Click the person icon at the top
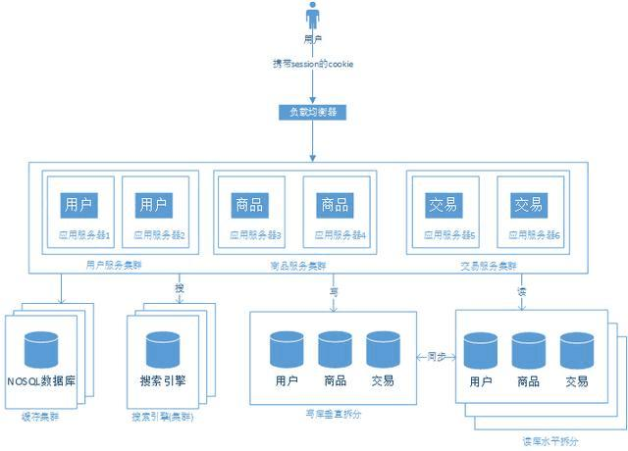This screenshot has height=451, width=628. [313, 17]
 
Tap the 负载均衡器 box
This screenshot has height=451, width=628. [313, 112]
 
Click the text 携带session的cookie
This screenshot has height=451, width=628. [313, 64]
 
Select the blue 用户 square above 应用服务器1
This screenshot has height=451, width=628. [78, 205]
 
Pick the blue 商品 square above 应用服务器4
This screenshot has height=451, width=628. [334, 205]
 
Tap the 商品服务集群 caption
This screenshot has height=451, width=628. [298, 266]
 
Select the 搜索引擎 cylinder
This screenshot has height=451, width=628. [163, 353]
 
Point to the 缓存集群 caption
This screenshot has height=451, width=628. [39, 417]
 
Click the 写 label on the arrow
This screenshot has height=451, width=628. [333, 290]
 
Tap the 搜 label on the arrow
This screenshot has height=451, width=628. [179, 288]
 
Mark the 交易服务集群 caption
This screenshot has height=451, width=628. [489, 266]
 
